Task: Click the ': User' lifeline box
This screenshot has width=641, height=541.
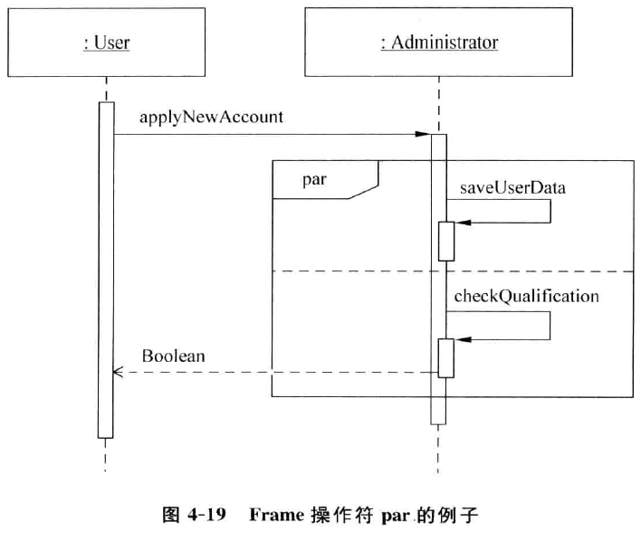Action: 106,42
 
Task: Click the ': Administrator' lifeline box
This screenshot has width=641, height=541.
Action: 439,42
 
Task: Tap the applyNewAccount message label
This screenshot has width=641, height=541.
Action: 212,117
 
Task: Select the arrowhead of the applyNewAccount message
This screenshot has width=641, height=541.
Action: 423,135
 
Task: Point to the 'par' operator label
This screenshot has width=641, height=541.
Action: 314,179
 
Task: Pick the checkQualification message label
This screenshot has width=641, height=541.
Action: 526,296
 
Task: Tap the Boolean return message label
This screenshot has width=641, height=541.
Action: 173,356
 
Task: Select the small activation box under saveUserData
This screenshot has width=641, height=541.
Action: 445,241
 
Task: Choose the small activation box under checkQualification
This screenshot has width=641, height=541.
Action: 445,357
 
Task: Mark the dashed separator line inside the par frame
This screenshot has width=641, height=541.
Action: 362,270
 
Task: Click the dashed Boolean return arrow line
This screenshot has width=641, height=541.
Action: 272,372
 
